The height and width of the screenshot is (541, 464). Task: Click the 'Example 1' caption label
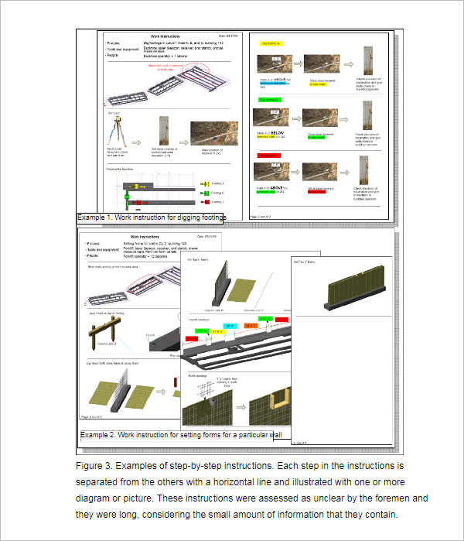click(100, 218)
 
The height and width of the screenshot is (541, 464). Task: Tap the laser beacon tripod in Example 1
click(118, 136)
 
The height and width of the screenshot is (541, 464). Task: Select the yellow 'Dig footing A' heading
click(271, 43)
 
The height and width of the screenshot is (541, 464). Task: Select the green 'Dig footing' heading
click(270, 99)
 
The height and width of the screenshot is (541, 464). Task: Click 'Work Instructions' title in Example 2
click(144, 237)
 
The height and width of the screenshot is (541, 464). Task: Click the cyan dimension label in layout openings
click(230, 326)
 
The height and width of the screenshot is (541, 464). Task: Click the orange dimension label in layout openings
click(251, 326)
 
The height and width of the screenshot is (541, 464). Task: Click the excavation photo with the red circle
click(205, 131)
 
